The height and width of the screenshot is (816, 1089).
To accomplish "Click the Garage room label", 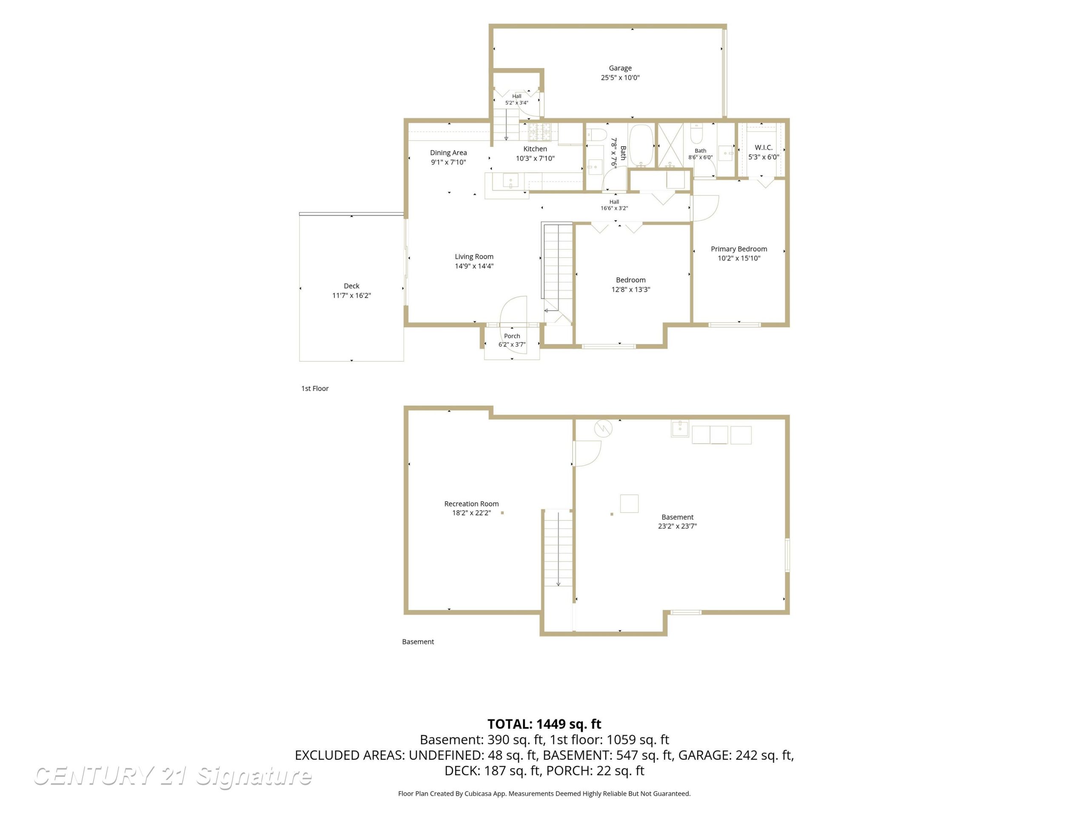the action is coord(620,68).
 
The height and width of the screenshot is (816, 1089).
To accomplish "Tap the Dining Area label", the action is coord(448,153).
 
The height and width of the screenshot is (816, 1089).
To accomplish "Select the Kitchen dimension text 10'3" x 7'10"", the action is coord(535,159).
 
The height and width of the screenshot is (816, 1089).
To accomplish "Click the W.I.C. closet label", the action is coord(764,147).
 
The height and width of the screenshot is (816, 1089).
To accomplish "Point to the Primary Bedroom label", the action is coord(739,249).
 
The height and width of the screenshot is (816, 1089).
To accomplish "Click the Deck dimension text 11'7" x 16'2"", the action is coord(351,296).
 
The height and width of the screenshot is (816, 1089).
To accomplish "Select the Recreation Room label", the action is coord(472,504).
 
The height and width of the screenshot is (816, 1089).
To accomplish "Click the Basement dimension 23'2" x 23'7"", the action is coord(677,526).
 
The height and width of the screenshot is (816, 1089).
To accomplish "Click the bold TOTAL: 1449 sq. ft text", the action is coord(544,724).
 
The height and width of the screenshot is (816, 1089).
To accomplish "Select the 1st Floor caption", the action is coord(315,388).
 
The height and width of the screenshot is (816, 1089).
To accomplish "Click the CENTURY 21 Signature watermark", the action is coord(172,776).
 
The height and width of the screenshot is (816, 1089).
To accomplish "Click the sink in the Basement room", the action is coord(680,428).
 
